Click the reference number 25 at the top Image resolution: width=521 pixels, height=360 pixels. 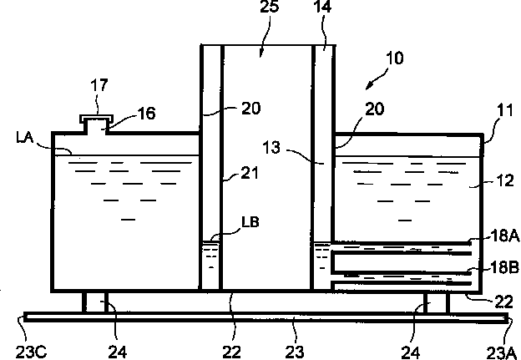pos(269,7)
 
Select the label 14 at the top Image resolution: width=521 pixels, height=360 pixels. pos(322,7)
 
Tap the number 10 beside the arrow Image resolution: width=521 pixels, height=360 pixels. pos(395,58)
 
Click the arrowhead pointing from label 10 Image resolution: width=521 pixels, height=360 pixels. pos(369,86)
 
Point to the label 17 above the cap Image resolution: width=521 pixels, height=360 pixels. pos(99,85)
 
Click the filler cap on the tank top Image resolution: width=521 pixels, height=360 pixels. pos(96,118)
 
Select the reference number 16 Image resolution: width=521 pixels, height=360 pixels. pos(146,114)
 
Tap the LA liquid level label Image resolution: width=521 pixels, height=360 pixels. pos(24,137)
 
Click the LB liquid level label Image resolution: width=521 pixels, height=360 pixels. pos(250,222)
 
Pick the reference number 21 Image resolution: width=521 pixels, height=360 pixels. pos(249,173)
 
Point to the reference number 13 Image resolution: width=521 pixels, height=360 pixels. pos(271,147)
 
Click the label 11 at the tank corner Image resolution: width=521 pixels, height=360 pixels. pos(505,110)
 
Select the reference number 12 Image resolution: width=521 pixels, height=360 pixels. pos(505,180)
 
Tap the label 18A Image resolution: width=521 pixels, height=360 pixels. pos(505,236)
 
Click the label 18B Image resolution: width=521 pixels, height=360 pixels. pos(504,268)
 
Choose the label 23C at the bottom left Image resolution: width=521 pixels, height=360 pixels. pos(31,352)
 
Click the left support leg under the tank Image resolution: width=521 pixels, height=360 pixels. pos(95,302)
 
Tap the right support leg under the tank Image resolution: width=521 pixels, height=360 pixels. pos(437,302)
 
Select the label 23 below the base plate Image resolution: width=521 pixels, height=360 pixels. pos(295,352)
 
